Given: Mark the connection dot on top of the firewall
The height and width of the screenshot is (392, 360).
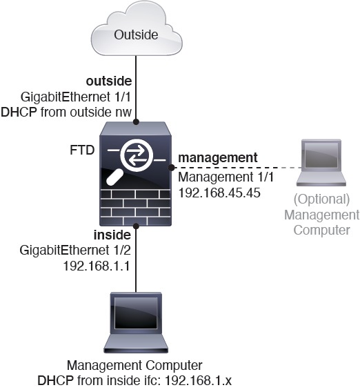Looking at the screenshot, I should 137,122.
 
